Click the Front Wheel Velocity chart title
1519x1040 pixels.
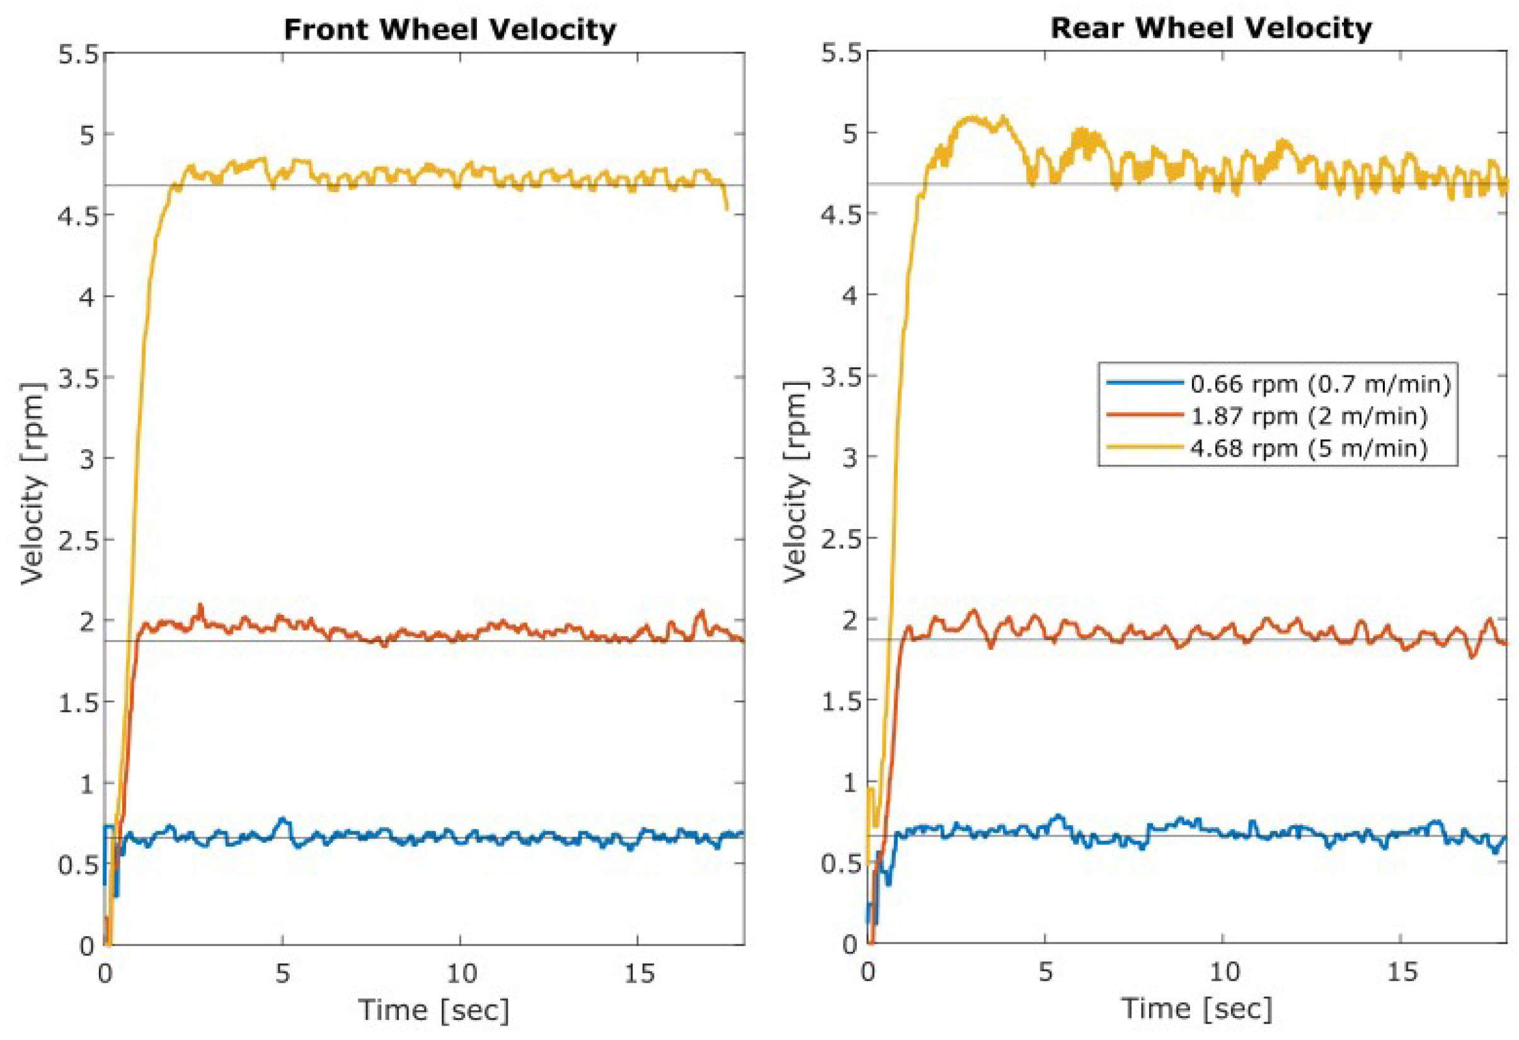coord(450,30)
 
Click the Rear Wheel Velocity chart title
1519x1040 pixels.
coord(1210,28)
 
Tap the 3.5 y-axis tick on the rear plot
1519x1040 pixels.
coord(840,377)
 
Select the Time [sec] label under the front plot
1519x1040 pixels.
coord(433,1010)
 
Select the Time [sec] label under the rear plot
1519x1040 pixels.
coord(1198,1009)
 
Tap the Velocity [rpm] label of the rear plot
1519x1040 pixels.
coord(796,482)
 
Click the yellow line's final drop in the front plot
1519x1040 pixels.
coord(726,200)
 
